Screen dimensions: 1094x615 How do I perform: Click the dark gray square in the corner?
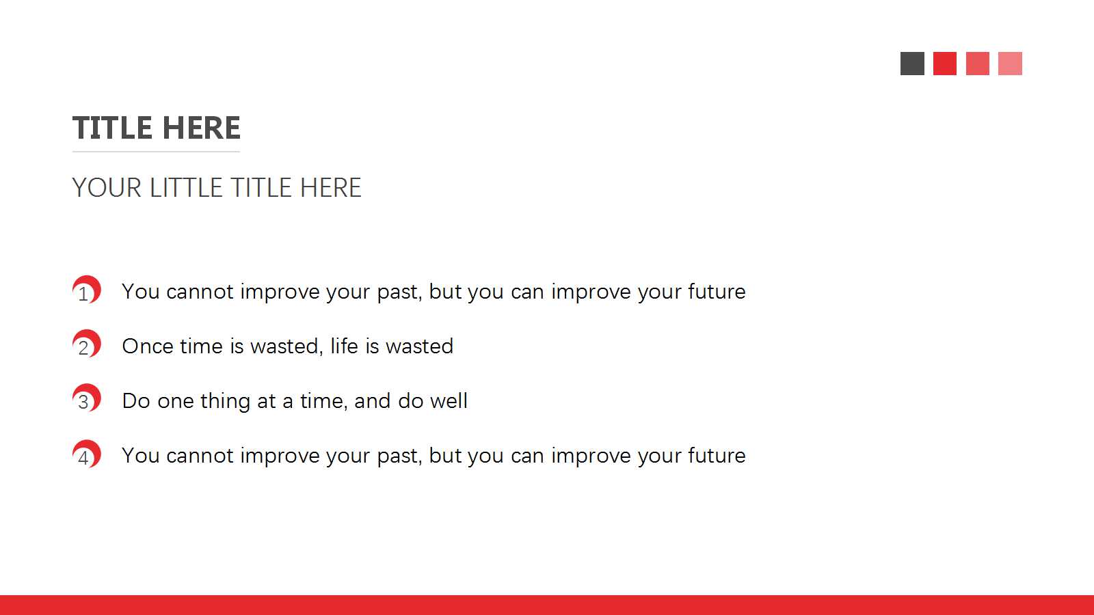pos(912,64)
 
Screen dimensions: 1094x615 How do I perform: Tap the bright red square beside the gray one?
pos(945,64)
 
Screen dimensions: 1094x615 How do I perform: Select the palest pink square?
pos(1010,64)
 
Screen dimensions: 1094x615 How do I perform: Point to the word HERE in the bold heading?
pos(201,128)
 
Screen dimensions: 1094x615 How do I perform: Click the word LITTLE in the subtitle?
pos(185,187)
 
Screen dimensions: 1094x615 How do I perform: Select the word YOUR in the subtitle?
pos(107,187)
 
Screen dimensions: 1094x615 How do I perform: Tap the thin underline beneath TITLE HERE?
pos(157,152)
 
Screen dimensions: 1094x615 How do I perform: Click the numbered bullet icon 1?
pos(87,290)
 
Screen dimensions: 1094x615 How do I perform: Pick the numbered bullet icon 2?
pos(87,344)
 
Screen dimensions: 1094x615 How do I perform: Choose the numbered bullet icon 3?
pos(87,398)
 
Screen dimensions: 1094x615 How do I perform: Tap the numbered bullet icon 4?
pos(87,454)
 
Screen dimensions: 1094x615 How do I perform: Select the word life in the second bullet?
pos(345,346)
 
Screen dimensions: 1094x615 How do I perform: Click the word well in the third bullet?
pos(449,400)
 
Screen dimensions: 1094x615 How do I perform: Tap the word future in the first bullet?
pos(717,291)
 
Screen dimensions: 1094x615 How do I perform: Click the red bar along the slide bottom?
pos(547,605)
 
